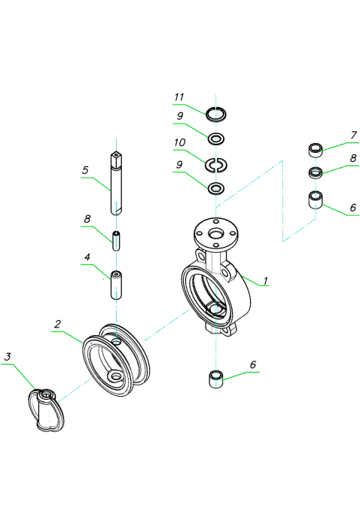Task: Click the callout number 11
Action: point(179,97)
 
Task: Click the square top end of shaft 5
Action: point(116,157)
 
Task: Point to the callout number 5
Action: point(85,170)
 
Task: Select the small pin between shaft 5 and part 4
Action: point(116,241)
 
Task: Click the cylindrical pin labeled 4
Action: point(116,285)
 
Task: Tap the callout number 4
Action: point(87,257)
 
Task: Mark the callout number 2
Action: point(57,324)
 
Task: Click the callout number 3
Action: point(8,357)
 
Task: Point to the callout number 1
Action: point(265,281)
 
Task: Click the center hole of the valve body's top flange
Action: point(216,233)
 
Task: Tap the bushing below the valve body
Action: point(216,379)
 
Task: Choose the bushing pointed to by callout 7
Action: point(316,150)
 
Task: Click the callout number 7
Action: point(353,135)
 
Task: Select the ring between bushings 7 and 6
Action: point(316,172)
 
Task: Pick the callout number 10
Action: point(179,143)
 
